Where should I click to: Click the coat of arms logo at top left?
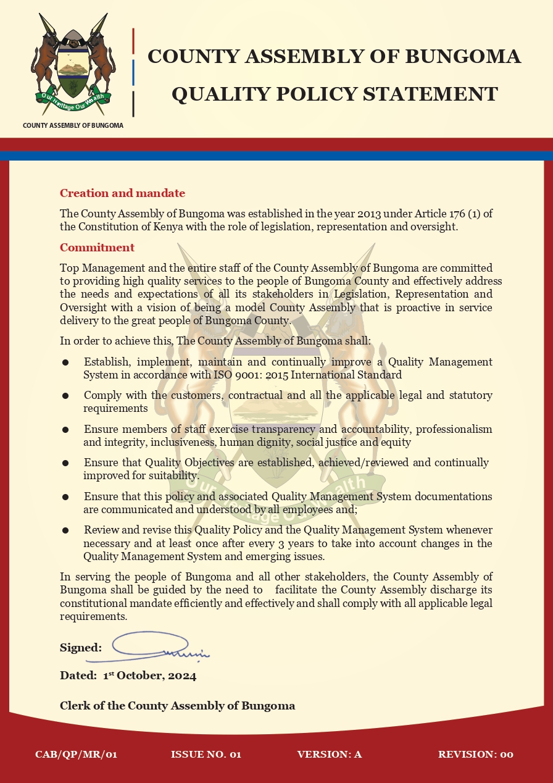pos(73,65)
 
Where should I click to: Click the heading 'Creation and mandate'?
pos(122,193)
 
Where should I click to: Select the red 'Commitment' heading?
pos(97,248)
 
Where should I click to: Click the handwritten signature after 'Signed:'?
pos(160,646)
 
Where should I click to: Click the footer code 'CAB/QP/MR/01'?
pos(77,754)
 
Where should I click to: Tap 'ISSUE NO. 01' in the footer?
pos(206,754)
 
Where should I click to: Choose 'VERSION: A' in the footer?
pos(329,754)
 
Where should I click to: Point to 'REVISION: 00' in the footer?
pos(475,754)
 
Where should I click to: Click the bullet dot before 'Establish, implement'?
pos(65,362)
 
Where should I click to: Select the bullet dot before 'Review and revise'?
pos(65,530)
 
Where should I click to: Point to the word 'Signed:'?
pos(81,648)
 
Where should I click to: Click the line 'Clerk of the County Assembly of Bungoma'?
pos(177,705)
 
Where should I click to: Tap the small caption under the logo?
pos(73,125)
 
